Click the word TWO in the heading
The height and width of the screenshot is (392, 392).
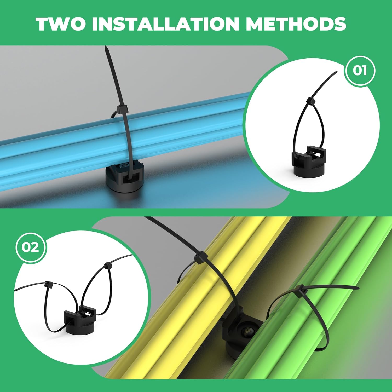click(x=61, y=24)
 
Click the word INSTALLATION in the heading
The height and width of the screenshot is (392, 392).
click(x=166, y=24)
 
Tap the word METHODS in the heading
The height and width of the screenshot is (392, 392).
click(x=296, y=24)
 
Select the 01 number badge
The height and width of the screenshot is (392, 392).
click(x=360, y=71)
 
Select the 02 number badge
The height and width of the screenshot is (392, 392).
click(x=31, y=247)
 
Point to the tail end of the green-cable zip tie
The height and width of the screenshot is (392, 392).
click(x=358, y=287)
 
